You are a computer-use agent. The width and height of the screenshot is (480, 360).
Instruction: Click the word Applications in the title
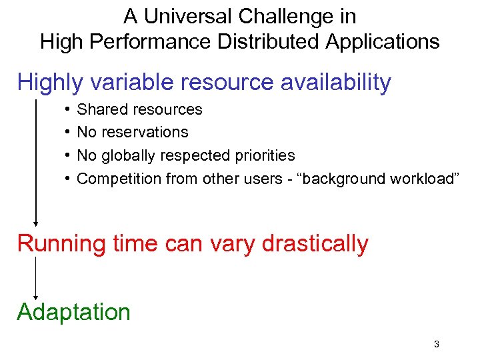click(x=383, y=41)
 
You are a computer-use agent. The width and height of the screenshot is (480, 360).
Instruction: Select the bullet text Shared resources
click(x=139, y=109)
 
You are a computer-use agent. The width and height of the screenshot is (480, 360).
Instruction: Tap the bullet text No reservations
click(x=133, y=132)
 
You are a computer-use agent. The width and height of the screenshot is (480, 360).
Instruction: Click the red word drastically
click(x=315, y=244)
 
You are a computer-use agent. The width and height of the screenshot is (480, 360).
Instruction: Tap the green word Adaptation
click(x=73, y=312)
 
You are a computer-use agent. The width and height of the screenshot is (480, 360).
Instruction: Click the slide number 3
click(x=436, y=345)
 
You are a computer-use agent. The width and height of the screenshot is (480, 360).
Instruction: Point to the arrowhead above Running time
click(x=35, y=224)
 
